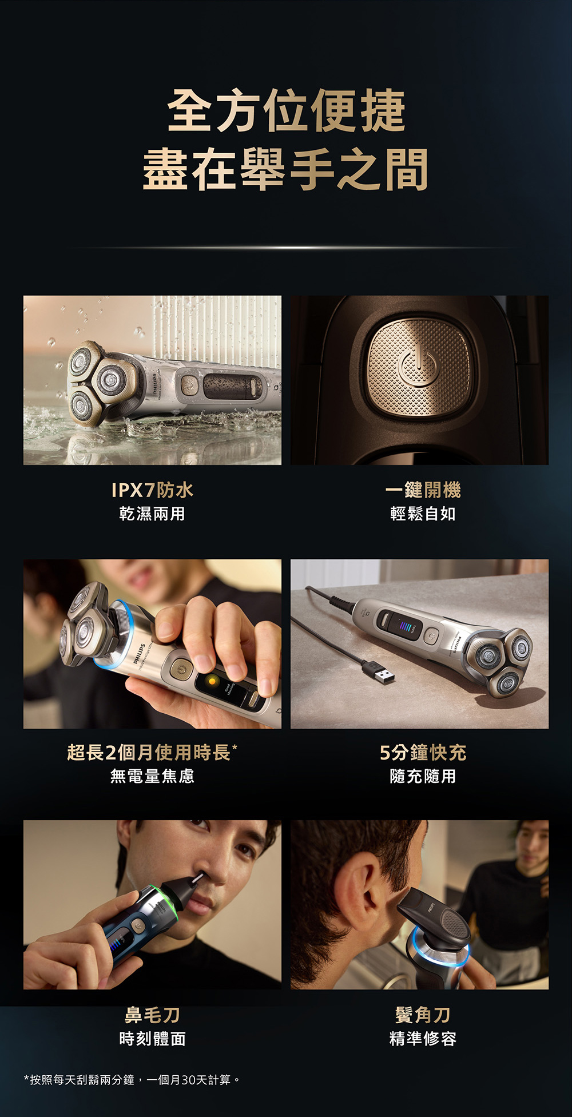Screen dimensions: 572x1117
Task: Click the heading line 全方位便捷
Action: coord(286,110)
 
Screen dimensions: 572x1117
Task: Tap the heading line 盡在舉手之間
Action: coord(285,169)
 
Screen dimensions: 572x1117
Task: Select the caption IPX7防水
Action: coord(152,490)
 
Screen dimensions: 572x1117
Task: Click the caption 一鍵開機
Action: coord(423,490)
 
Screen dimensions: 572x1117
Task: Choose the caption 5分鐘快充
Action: coord(423,753)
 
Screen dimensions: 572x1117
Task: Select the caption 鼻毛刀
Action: coord(152,1015)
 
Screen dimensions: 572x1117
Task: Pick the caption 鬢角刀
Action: coord(423,1015)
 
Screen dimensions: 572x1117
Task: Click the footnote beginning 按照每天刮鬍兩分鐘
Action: coord(132,1080)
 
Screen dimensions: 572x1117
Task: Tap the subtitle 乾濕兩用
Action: coord(152,514)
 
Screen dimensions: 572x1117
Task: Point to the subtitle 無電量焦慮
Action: coord(152,776)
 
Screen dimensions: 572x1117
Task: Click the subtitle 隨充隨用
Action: coord(423,776)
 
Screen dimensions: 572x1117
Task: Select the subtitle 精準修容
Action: coord(423,1039)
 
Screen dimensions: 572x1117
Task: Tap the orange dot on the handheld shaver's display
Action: coord(212,681)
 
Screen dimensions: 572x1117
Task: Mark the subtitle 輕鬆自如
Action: coord(423,514)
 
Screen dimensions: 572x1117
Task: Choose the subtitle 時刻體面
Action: coord(152,1039)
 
